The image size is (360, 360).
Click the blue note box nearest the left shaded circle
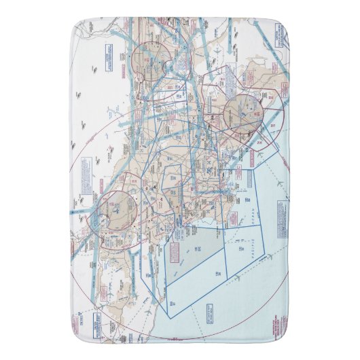click(86, 168)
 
